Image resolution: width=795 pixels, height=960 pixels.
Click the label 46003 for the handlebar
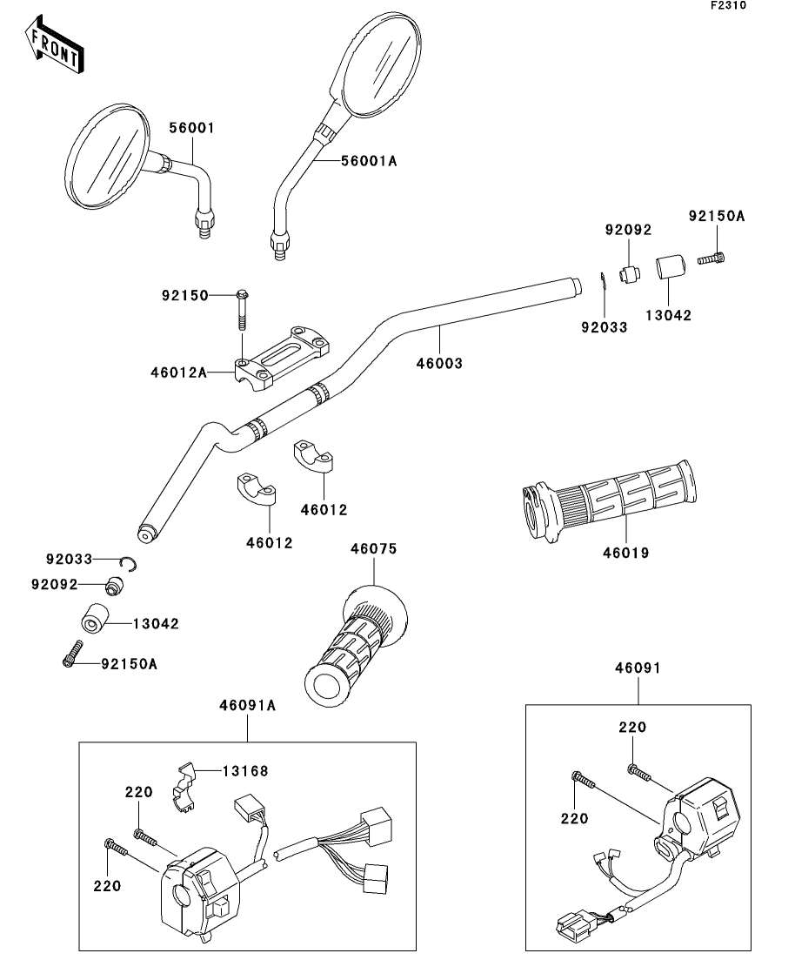pyautogui.click(x=438, y=362)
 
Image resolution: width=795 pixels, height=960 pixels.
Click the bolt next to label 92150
pyautogui.click(x=242, y=309)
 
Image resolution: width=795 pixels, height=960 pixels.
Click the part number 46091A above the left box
pyautogui.click(x=248, y=706)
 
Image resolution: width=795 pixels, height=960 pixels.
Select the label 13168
pyautogui.click(x=244, y=770)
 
